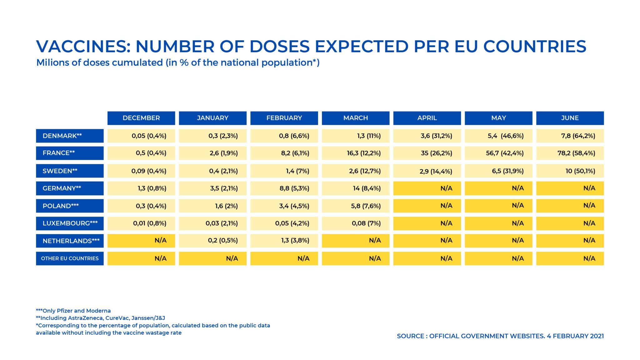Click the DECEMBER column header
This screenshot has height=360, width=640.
[x=141, y=118]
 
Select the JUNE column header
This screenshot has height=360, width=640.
[x=570, y=118]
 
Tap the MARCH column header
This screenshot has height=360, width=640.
[x=355, y=118]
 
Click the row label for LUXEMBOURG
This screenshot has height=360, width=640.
[x=70, y=223]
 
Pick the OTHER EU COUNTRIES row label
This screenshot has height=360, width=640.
[x=70, y=258]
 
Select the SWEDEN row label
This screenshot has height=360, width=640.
[x=70, y=171]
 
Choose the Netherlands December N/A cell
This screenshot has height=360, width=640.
[x=141, y=241]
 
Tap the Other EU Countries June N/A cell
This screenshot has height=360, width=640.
[x=570, y=258]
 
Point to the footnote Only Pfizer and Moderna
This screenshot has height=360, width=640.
[x=73, y=311]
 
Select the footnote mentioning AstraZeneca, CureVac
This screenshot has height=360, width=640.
[x=100, y=318]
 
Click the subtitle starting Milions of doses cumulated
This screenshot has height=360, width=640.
[x=177, y=63]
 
